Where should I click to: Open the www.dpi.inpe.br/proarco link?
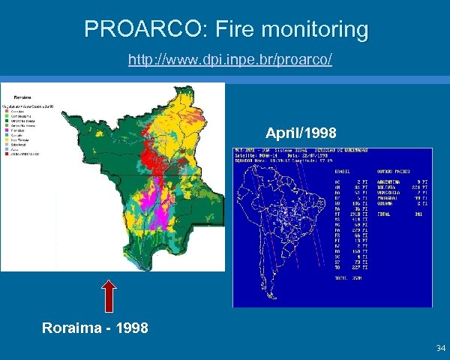click(x=229, y=58)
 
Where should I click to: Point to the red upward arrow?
click(x=109, y=295)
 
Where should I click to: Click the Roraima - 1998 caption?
click(x=95, y=328)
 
